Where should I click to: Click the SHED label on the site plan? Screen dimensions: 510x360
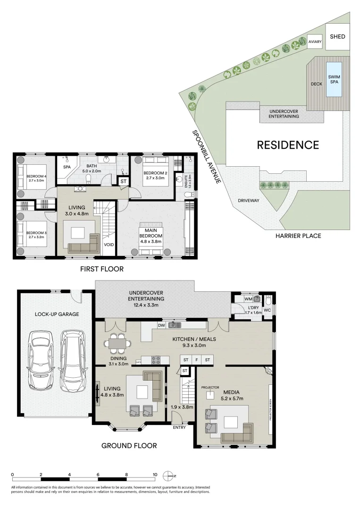(337, 36)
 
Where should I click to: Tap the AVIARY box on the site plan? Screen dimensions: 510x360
(315, 42)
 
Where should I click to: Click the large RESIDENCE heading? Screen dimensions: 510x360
(288, 145)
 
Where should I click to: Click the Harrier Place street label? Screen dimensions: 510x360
(298, 236)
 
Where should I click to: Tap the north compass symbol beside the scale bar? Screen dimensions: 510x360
(168, 475)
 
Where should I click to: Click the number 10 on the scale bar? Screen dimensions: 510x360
(155, 474)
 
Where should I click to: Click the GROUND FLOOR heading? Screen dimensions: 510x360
(129, 445)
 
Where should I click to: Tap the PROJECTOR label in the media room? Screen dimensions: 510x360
(210, 387)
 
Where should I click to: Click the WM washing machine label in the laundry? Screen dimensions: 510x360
(248, 299)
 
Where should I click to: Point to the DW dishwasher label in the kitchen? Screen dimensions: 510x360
(161, 325)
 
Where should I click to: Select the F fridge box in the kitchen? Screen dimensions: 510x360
(196, 360)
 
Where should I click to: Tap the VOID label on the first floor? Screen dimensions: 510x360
(109, 245)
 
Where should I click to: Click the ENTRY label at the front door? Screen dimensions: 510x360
(179, 428)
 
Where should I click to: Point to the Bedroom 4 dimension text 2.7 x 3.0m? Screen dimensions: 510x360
(36, 180)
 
